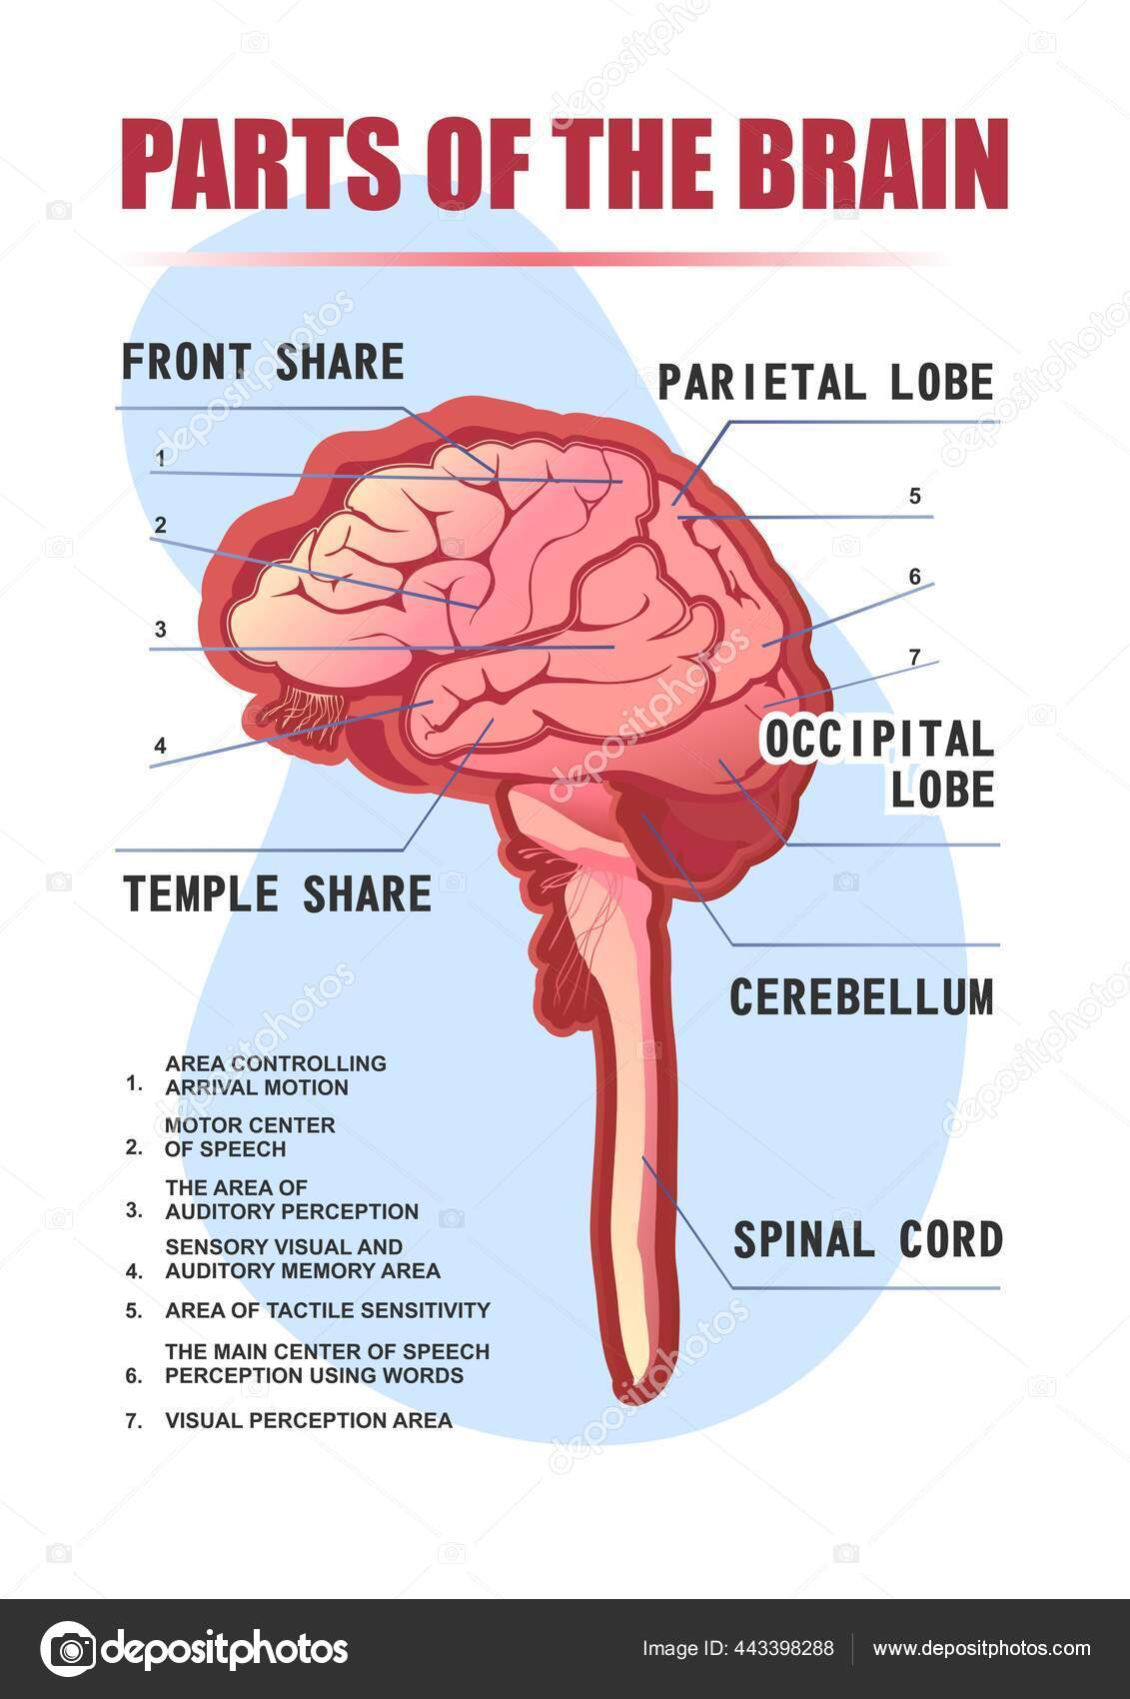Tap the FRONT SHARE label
(263, 362)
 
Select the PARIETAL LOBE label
(825, 382)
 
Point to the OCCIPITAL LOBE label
(879, 763)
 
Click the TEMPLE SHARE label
(277, 892)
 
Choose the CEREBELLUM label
(862, 996)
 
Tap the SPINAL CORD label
(867, 1239)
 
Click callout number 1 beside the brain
(160, 459)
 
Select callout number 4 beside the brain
(160, 745)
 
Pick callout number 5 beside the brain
(914, 496)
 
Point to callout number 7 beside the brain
(914, 657)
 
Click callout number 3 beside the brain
(160, 630)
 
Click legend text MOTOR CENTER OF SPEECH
(250, 1137)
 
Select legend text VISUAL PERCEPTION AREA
(308, 1420)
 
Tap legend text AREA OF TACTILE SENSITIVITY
(327, 1310)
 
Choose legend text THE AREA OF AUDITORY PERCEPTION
(291, 1199)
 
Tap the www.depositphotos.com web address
(982, 1649)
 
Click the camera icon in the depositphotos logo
(68, 1649)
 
